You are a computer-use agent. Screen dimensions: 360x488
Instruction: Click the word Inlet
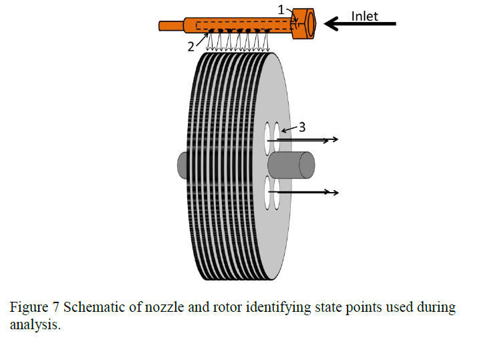point(365,16)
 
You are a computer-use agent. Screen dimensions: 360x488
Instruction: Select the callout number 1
point(281,9)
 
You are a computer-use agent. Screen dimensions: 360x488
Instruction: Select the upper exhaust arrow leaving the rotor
point(308,139)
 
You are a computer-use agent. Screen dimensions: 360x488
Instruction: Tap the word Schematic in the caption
point(91,308)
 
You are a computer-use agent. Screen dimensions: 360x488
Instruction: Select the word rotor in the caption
point(208,308)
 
